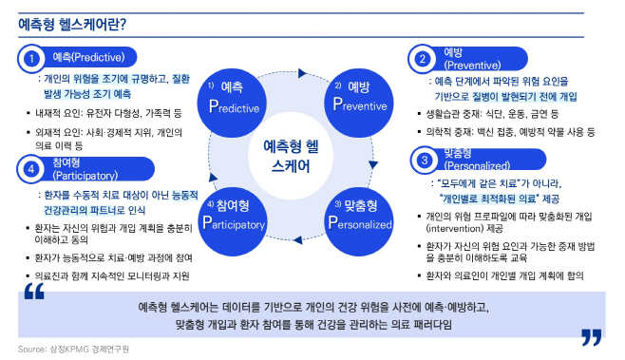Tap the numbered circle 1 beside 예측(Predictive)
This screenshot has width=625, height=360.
(x=31, y=58)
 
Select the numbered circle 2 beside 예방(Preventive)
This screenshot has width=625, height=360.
(x=422, y=59)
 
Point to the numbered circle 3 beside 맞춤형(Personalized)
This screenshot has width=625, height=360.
(x=422, y=158)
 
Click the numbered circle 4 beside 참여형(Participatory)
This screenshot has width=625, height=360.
(x=31, y=169)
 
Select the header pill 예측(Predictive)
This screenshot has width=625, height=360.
(x=91, y=58)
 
